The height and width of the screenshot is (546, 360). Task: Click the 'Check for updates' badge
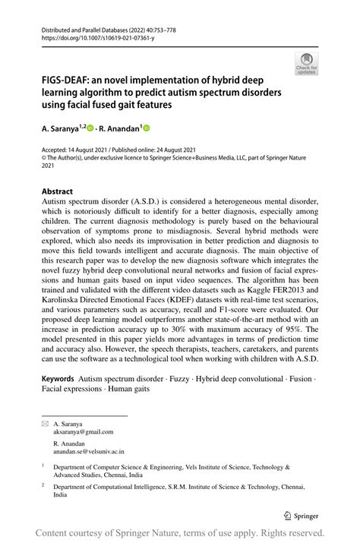(x=306, y=63)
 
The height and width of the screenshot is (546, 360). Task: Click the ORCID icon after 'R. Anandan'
(x=147, y=130)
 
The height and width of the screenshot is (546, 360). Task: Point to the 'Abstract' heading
(x=58, y=191)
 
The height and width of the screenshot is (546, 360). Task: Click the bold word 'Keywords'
(x=58, y=377)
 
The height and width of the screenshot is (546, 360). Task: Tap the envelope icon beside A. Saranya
(x=44, y=423)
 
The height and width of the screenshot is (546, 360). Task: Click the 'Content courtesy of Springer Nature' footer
(x=180, y=533)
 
